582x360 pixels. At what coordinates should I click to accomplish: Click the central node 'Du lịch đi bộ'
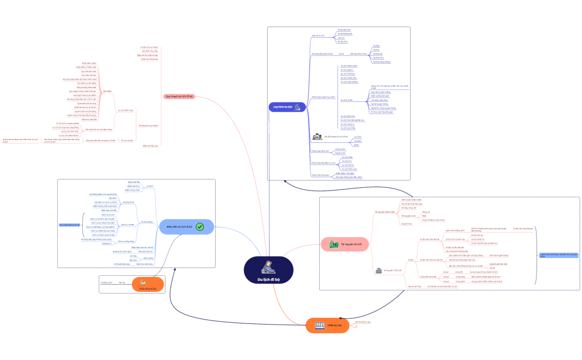tap(268, 270)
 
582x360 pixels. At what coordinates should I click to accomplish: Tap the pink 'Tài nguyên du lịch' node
tap(344, 244)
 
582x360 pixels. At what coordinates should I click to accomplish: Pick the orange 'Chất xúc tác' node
tap(328, 326)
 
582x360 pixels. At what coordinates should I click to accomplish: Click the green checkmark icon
tap(200, 227)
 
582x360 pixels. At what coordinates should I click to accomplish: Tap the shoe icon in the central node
tap(268, 266)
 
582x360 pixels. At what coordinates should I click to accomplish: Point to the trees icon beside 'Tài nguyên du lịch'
tap(334, 244)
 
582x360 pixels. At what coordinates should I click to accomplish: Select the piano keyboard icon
tap(320, 326)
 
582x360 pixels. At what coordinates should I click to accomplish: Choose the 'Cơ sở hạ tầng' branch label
tap(147, 222)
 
